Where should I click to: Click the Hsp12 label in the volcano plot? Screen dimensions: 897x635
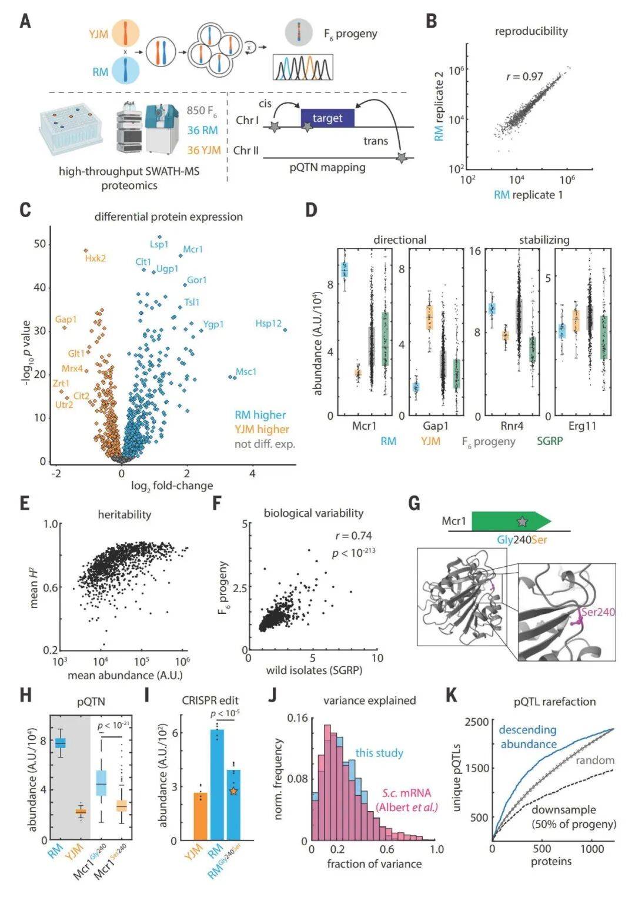(x=268, y=324)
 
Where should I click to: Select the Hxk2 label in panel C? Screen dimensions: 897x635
(x=95, y=258)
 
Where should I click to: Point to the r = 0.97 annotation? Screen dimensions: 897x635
(x=524, y=77)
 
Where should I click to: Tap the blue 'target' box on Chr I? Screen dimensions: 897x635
(x=327, y=118)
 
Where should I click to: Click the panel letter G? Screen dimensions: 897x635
(x=414, y=504)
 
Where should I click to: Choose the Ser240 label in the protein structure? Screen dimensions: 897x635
(x=597, y=612)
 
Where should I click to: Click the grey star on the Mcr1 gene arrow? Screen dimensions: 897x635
(x=522, y=521)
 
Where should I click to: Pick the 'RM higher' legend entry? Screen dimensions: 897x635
(x=260, y=415)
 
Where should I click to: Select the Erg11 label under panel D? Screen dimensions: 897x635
(x=582, y=426)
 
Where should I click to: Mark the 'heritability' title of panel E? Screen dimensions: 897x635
(x=125, y=514)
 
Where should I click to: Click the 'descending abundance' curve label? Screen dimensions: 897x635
(x=527, y=737)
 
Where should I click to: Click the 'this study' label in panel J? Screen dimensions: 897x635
(x=379, y=753)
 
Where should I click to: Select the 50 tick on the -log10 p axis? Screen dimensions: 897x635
(x=39, y=244)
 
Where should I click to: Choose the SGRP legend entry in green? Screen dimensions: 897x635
(x=550, y=441)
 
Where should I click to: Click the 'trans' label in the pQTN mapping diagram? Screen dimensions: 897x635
(x=376, y=141)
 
